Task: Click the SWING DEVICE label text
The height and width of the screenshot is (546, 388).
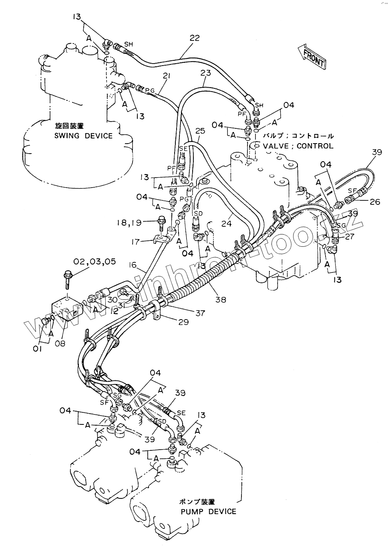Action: pos(84,136)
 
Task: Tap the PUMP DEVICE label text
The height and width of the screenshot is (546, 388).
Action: pos(208,511)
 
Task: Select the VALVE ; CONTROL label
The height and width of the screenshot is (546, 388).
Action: pos(298,146)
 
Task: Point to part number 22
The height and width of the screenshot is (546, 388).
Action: pos(194,38)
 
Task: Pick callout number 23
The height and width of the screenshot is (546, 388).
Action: pos(205,73)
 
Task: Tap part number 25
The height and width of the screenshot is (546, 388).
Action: pos(200,131)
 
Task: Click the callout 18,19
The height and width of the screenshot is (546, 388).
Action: pos(139,223)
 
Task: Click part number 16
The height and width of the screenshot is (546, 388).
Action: pos(133,264)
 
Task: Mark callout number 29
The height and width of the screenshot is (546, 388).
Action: pos(183,322)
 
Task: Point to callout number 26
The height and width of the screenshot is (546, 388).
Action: pos(375,202)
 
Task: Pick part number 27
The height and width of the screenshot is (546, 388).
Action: pos(349,236)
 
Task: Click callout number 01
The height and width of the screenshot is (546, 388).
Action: pos(38,349)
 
